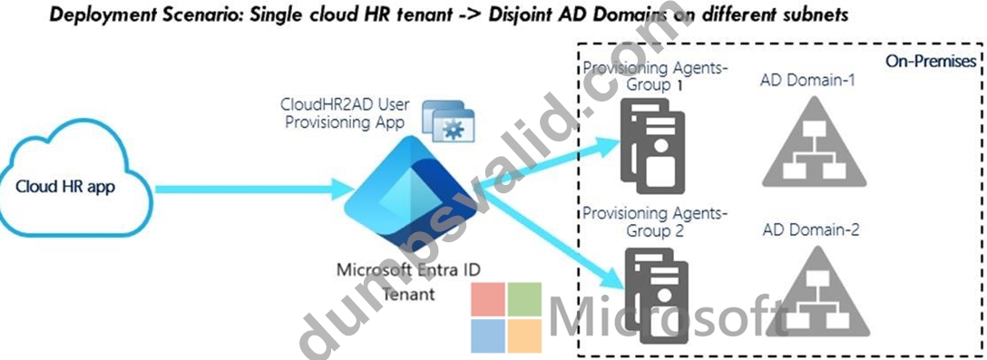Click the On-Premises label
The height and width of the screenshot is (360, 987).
coord(931,61)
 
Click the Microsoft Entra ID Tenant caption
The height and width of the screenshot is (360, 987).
coord(409,281)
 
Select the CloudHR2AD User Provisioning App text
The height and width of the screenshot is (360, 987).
coord(345,112)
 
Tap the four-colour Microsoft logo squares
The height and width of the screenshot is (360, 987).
coord(506,316)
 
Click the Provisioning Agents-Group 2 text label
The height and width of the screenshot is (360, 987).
coord(655,222)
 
